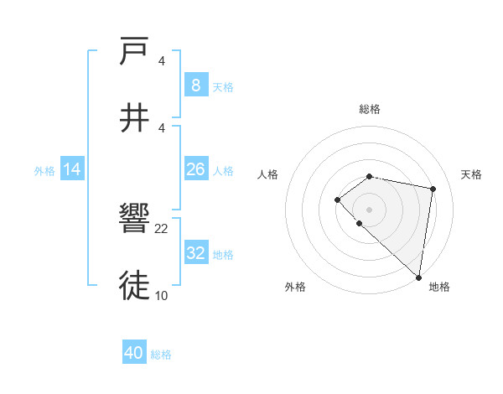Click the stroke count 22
point(162,228)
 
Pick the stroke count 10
point(162,295)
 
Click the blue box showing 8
point(195,85)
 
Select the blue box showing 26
point(195,169)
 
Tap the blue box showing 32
point(195,253)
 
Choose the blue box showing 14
point(72,169)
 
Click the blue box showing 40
point(134,353)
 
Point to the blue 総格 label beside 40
point(161,355)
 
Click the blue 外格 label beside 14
point(44,171)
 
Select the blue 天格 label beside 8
point(223,86)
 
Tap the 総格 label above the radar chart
point(370,109)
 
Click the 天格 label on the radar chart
point(471,174)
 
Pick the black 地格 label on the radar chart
point(439,287)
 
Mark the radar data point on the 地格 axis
point(419,277)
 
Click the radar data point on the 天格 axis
point(433,189)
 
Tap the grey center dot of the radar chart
point(370,209)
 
